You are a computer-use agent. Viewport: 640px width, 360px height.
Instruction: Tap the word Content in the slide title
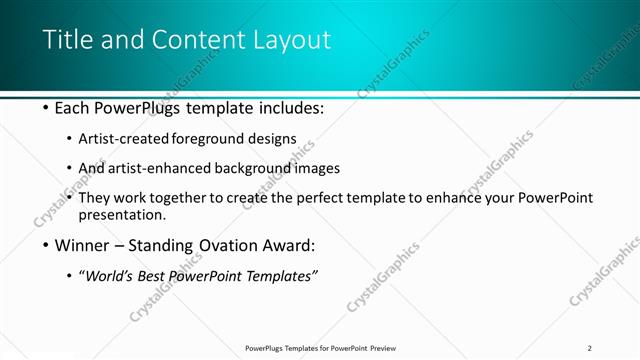click(191, 40)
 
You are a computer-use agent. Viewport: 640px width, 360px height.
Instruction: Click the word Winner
click(84, 245)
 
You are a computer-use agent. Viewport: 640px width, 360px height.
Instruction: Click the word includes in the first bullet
click(289, 108)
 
